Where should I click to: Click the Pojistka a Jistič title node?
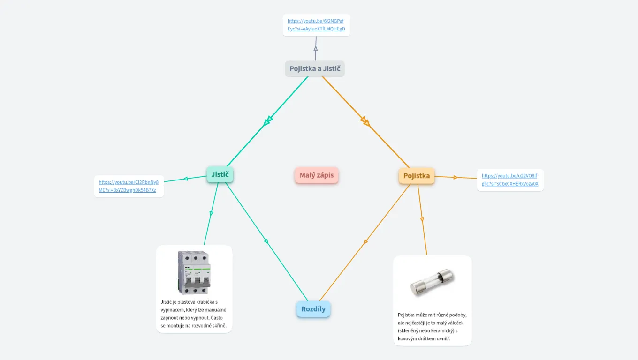click(315, 69)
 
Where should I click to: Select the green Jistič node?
click(220, 174)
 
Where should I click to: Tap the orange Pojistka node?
click(416, 176)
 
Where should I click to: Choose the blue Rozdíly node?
click(313, 309)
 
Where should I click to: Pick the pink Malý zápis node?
click(317, 175)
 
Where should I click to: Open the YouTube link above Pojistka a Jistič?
click(316, 25)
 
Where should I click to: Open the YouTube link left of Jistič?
click(129, 186)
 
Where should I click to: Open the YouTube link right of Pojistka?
click(510, 180)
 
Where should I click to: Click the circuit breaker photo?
click(194, 272)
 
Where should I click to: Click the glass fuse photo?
click(432, 282)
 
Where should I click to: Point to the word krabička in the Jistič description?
click(203, 302)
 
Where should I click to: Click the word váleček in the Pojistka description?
click(454, 323)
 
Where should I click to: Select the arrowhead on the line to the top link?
click(316, 48)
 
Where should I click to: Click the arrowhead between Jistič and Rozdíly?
click(266, 241)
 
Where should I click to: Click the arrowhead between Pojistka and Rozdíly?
click(365, 242)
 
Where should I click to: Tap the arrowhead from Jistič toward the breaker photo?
click(211, 213)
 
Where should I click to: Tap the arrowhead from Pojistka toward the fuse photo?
click(422, 219)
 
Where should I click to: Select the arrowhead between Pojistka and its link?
click(455, 177)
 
